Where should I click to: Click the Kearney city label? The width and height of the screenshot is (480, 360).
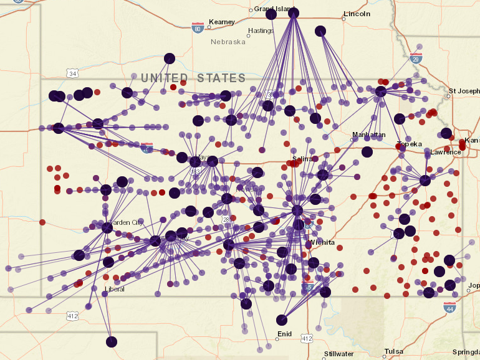coord(222,22)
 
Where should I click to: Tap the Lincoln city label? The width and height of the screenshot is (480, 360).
coord(357,14)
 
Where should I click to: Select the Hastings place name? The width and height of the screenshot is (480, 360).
coord(261,31)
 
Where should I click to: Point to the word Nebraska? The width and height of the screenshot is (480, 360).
coord(228,42)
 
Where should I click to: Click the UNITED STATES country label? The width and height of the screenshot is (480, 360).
coord(193,78)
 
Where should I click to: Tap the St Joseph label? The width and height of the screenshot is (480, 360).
coord(464,91)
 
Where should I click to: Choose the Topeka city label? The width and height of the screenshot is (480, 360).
coord(410,144)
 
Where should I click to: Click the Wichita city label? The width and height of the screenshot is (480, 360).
coord(322,242)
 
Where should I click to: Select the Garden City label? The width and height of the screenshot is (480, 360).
coord(126,222)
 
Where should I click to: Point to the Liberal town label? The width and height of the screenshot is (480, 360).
coord(115,289)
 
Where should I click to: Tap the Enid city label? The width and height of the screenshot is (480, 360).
coord(284,334)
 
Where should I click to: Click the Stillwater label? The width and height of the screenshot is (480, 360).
coord(338,354)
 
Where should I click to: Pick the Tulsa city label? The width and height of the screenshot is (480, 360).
coord(393,351)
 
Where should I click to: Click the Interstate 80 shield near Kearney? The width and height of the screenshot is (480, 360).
coord(198,27)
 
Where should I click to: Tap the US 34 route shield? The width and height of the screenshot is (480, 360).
coord(73,73)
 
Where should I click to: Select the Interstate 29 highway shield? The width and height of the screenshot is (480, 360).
coord(416,59)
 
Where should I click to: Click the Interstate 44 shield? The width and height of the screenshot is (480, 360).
coord(449,307)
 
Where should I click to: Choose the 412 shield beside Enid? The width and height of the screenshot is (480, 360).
coord(306,338)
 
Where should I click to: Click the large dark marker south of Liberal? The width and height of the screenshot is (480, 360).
coord(112,341)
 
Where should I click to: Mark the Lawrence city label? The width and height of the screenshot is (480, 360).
coord(446,152)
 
